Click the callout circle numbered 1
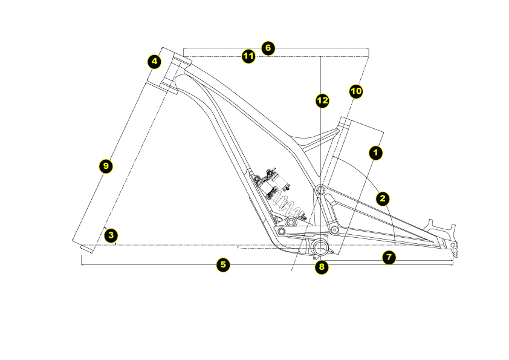pyautogui.click(x=376, y=153)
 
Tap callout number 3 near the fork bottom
pyautogui.click(x=110, y=235)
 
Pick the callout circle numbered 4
pyautogui.click(x=155, y=61)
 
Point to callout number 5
pyautogui.click(x=224, y=264)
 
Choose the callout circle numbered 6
pyautogui.click(x=268, y=48)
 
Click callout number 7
pyautogui.click(x=389, y=257)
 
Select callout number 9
pyautogui.click(x=106, y=165)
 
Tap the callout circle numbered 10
pyautogui.click(x=356, y=91)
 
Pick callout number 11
pyautogui.click(x=248, y=56)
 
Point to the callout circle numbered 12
pyautogui.click(x=322, y=100)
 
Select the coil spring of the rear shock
pyautogui.click(x=284, y=203)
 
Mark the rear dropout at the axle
pyautogui.click(x=454, y=246)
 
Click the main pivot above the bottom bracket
pyautogui.click(x=320, y=191)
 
